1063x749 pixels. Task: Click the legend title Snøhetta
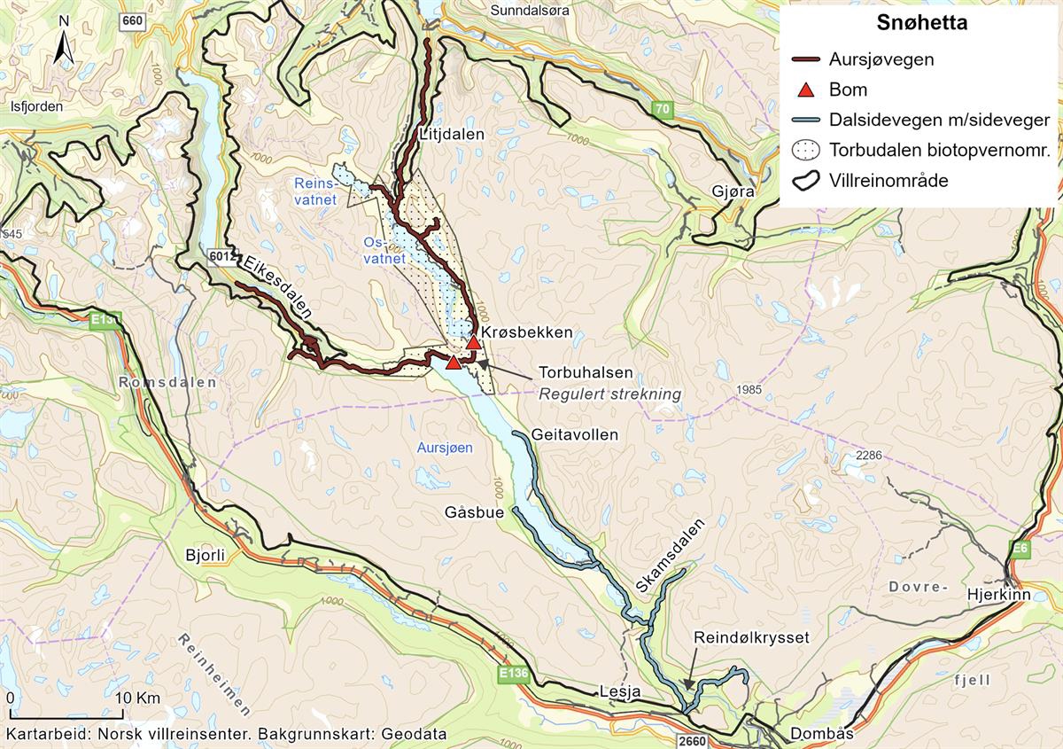[x=921, y=24]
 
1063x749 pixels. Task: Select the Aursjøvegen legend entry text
[x=881, y=60]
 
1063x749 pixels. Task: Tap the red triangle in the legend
[x=806, y=90]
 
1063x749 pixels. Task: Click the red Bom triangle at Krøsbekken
[x=474, y=342]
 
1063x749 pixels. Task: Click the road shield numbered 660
[x=133, y=21]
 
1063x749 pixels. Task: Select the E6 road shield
[x=1021, y=550]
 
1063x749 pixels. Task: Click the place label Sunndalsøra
[x=526, y=11]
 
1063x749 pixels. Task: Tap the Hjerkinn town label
[x=999, y=595]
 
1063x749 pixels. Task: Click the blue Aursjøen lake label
[x=445, y=449]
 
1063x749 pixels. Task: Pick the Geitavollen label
[x=575, y=435]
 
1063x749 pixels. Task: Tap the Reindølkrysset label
[x=751, y=637]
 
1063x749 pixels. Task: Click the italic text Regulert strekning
[x=610, y=394]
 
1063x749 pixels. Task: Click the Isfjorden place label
[x=36, y=106]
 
